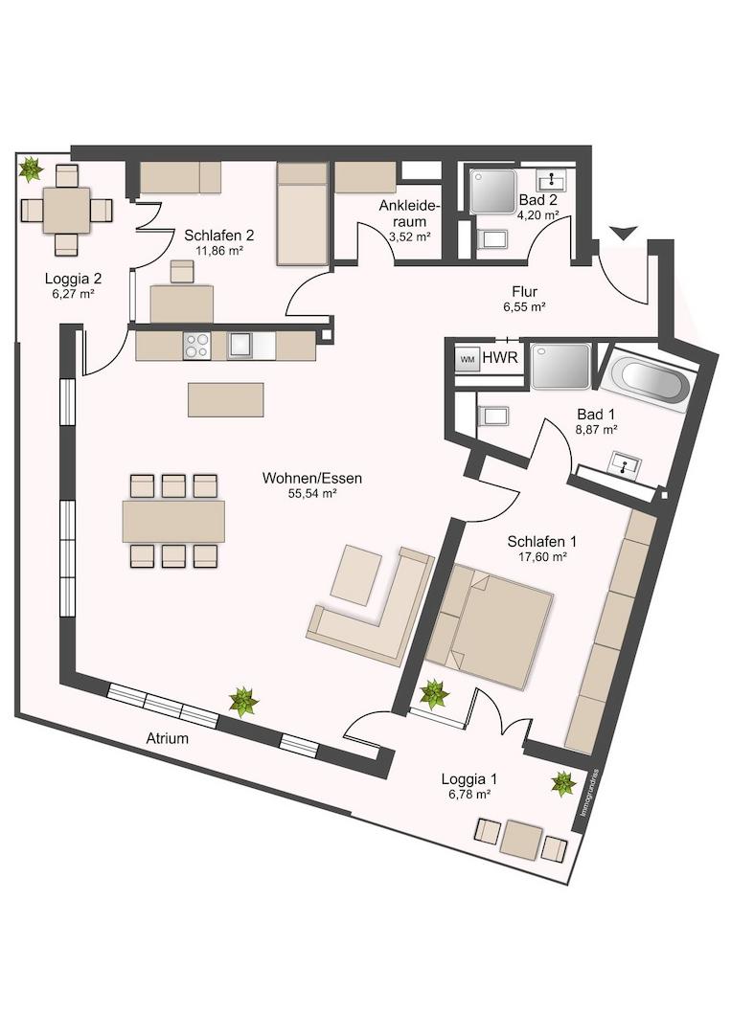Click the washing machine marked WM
468,359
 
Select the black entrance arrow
624,233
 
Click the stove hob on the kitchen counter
197,346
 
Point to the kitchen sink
240,346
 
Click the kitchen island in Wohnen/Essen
226,399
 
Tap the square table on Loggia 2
67,211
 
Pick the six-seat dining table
173,521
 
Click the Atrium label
167,738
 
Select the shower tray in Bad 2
492,191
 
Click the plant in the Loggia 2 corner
30,169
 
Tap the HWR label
500,358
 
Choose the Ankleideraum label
409,214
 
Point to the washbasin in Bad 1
624,464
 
